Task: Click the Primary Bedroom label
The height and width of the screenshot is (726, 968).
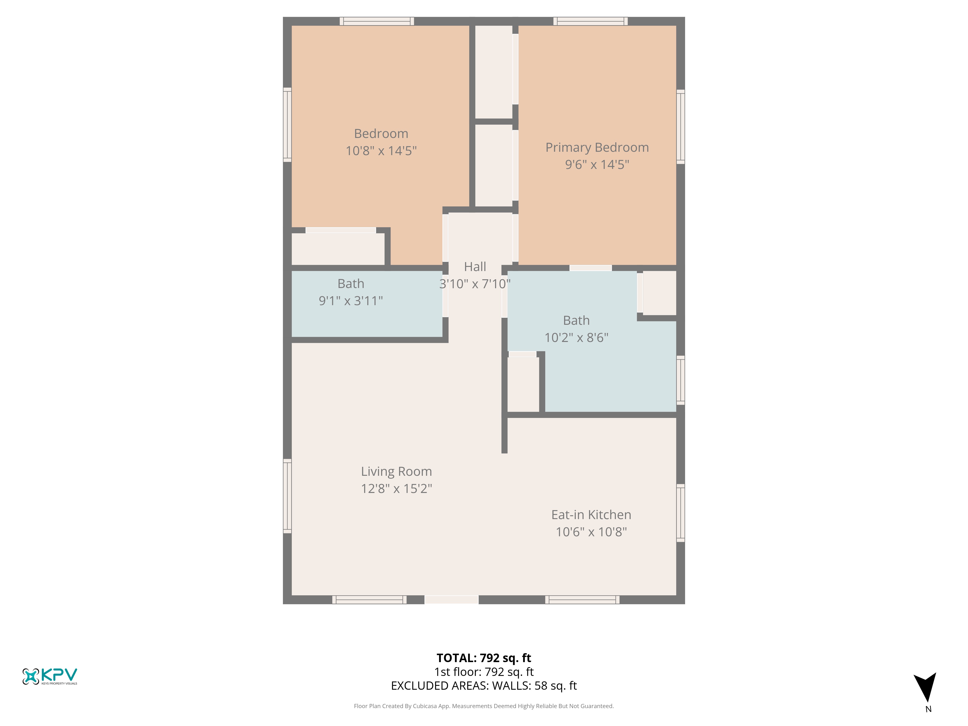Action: (x=597, y=147)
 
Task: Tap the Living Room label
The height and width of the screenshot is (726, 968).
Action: (x=396, y=471)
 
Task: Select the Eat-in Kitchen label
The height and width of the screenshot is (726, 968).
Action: (x=591, y=515)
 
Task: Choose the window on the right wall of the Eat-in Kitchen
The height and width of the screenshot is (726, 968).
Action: (x=681, y=513)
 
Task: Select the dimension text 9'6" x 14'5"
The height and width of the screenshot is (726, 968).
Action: (x=597, y=165)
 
